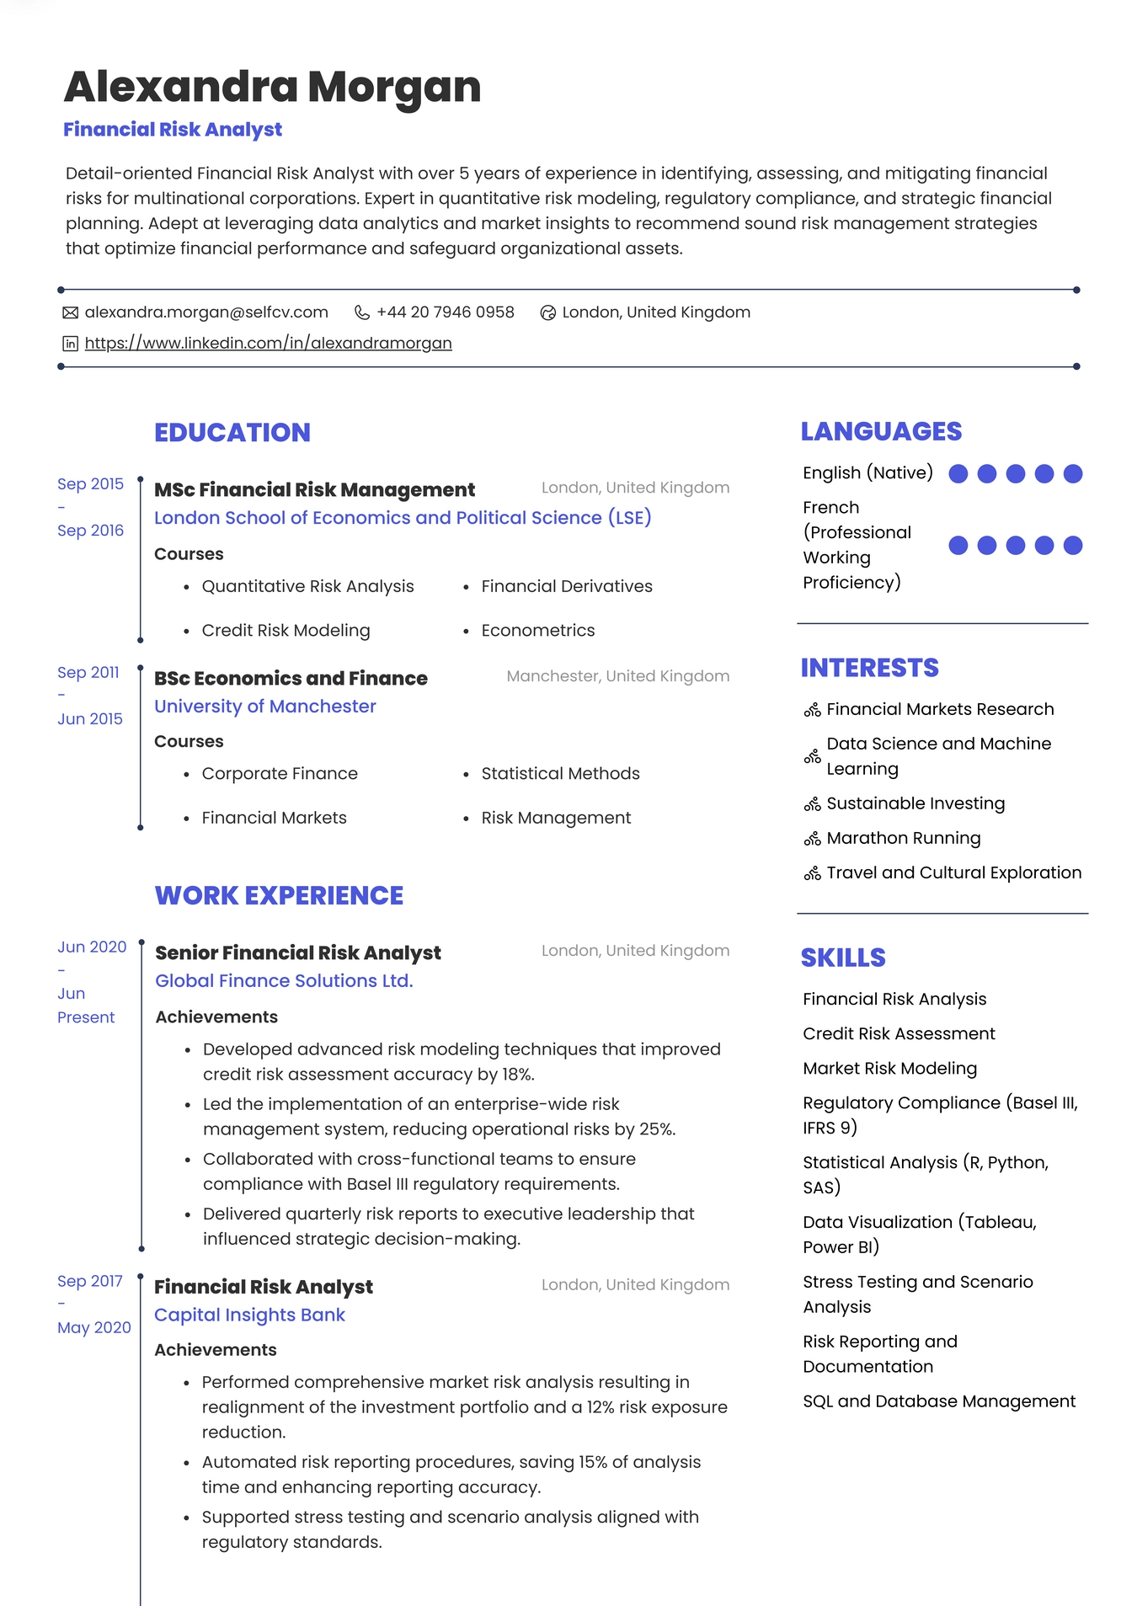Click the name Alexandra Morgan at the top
[272, 87]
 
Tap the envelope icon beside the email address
[71, 312]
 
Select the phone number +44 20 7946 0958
[445, 312]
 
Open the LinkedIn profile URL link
[268, 343]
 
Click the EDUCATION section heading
[232, 432]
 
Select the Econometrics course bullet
[537, 631]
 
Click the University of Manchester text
[264, 707]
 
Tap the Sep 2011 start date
[88, 672]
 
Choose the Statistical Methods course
[560, 774]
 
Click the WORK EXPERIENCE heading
[279, 895]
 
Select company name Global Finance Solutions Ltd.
[284, 981]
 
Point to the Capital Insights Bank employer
[249, 1315]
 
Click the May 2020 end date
[93, 1328]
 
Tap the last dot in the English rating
[1072, 474]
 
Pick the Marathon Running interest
[903, 838]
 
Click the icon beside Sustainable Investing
[812, 804]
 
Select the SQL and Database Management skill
[938, 1401]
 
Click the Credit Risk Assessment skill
[899, 1033]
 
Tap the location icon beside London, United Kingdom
[547, 313]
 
